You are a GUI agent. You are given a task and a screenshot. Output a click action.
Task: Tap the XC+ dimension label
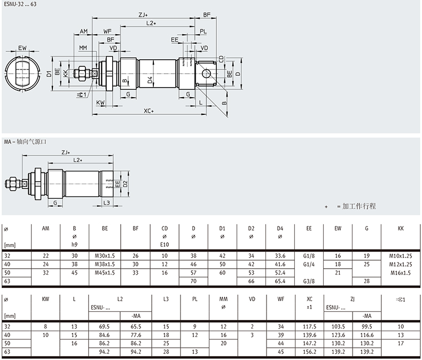click(x=149, y=111)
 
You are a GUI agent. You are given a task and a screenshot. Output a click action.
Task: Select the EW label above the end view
click(x=22, y=48)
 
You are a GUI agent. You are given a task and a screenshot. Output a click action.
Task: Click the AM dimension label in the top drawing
click(x=84, y=32)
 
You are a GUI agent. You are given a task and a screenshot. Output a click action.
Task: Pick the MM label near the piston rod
click(x=83, y=48)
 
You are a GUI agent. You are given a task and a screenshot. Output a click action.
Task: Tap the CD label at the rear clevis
click(x=221, y=58)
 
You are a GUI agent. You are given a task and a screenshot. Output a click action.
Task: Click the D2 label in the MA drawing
click(x=125, y=184)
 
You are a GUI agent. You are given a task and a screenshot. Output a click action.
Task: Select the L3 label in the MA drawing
click(x=106, y=202)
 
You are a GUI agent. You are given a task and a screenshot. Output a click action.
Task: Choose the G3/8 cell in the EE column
click(x=309, y=280)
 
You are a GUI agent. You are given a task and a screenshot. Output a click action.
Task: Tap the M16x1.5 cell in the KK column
click(x=401, y=272)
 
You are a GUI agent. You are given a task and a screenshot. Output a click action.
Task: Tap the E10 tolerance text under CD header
click(x=165, y=245)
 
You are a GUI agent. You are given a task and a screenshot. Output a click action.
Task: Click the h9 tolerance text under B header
click(x=74, y=245)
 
